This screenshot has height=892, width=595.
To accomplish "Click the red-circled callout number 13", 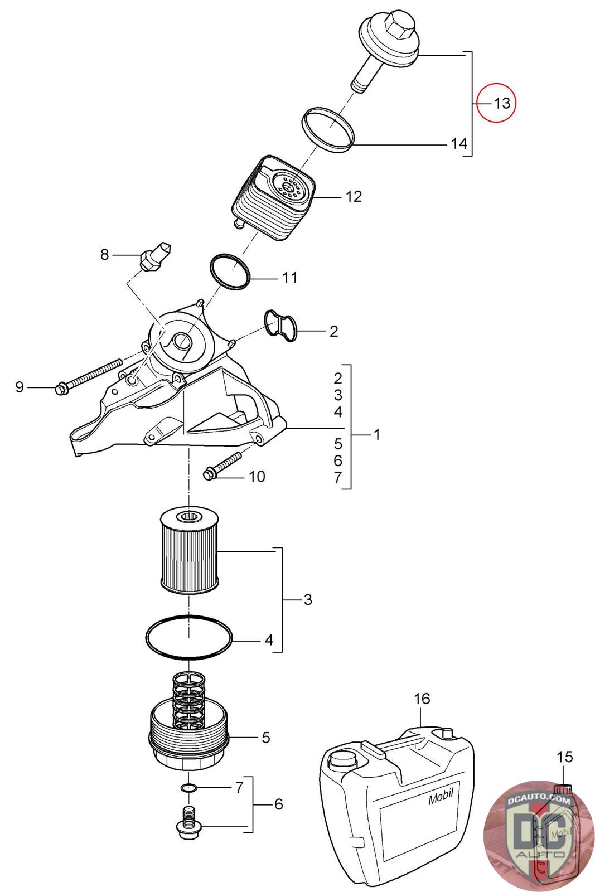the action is pos(502,103).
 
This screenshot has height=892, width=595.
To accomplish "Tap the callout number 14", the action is pos(459,143).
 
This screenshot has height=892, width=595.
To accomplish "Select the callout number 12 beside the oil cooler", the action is pos(353,196).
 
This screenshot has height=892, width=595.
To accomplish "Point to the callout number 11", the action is pos(289,278).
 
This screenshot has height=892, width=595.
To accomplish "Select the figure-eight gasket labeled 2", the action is pos(280,326).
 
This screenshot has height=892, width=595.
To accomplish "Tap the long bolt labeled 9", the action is pos(89,376).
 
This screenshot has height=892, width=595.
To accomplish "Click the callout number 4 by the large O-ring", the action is pos(269,639).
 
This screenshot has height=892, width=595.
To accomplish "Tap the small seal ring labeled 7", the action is pos(188,787).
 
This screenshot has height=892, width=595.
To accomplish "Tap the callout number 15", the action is pos(564,756).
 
